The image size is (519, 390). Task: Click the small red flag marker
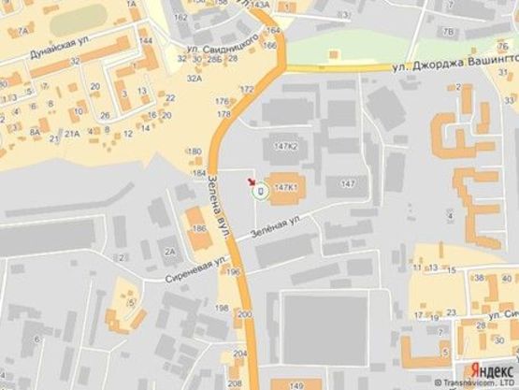coord(251,180)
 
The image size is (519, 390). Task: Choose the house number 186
coord(197,228)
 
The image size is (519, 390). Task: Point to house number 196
coord(234,272)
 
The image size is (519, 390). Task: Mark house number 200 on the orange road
coord(244,316)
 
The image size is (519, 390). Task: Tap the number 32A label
coord(194,79)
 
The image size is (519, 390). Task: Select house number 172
coord(247,89)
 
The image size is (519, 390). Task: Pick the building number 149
coord(296,384)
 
